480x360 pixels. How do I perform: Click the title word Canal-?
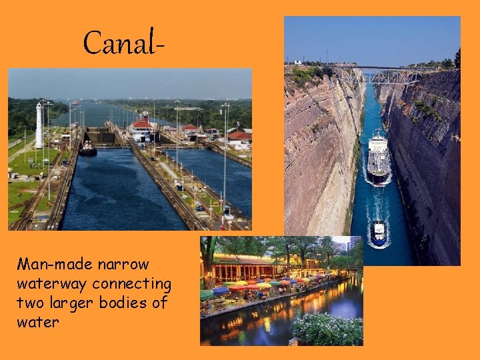124,43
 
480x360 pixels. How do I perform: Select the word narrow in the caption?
124,264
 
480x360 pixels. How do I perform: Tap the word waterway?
53,284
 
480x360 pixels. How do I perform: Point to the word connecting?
132,284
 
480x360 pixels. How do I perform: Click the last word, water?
38,323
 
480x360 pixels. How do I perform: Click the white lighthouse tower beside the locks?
39,125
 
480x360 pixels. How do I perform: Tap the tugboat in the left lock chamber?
87,149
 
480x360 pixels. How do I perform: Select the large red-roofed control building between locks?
141,127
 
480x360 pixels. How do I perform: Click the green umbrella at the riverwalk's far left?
207,294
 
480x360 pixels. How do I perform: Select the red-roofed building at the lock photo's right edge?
238,138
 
